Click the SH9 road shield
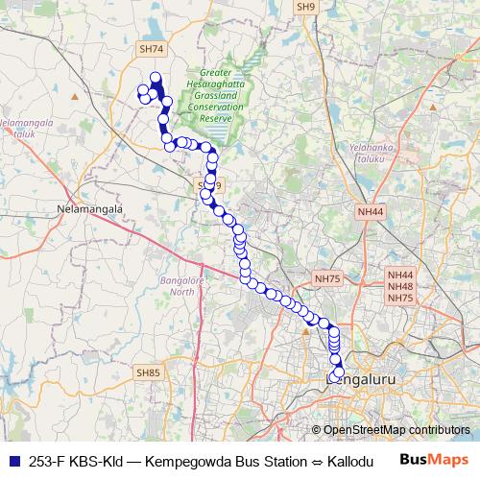tap(306, 7)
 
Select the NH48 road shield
tap(400, 286)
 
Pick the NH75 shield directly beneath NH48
tap(400, 299)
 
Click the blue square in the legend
tap(14, 461)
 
